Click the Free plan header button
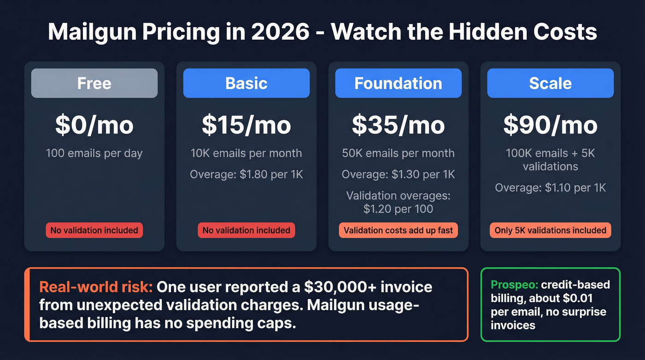pos(94,83)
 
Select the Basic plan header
pos(246,83)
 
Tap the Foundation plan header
pos(399,83)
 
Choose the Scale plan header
pos(551,83)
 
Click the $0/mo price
pos(94,125)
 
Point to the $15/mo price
pos(246,125)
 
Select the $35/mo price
pos(399,125)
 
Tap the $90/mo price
pos(551,125)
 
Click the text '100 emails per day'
pos(94,153)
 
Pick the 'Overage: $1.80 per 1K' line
pos(246,175)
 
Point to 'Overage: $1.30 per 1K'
pos(399,175)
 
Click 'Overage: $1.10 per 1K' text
pos(551,188)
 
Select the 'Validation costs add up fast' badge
pos(399,230)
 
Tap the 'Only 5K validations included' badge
pos(551,230)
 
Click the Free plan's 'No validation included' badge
pos(94,230)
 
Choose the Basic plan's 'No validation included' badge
pos(246,230)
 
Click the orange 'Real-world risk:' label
pos(96,287)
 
